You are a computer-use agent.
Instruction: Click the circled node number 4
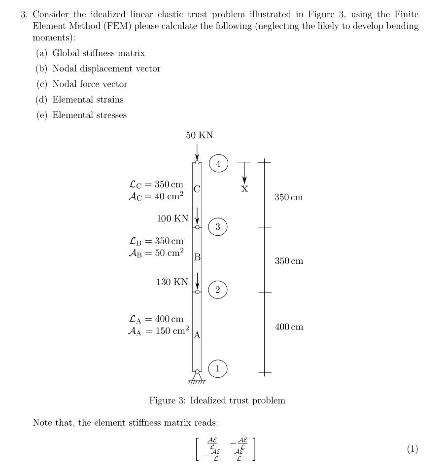(218, 163)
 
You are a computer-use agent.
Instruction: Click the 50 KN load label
(199, 135)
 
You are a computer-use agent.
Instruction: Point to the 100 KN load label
(172, 218)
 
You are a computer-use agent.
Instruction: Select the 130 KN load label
(172, 282)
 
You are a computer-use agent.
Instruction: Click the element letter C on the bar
(197, 188)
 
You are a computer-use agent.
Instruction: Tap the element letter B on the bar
(197, 256)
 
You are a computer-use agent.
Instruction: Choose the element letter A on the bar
(197, 335)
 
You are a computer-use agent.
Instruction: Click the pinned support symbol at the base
(197, 377)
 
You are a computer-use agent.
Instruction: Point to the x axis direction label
(244, 188)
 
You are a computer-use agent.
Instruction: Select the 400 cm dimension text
(289, 327)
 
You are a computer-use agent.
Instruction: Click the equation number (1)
(412, 449)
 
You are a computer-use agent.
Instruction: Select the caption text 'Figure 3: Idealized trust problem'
(217, 401)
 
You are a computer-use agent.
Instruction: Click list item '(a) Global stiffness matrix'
(91, 53)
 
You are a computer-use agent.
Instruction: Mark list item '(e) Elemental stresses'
(81, 115)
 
